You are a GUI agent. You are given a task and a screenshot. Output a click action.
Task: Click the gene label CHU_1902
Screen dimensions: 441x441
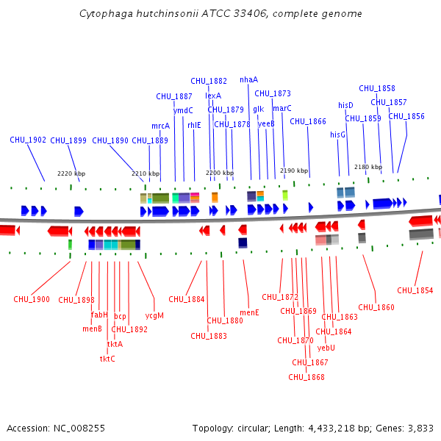click(x=28, y=140)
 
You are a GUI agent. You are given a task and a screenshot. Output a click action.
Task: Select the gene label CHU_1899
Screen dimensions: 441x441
click(x=68, y=140)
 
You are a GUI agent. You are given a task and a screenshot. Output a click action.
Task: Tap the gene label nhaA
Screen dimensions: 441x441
click(x=249, y=79)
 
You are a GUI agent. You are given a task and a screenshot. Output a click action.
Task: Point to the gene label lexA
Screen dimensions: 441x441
click(x=213, y=96)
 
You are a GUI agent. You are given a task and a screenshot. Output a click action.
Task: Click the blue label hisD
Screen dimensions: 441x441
click(x=345, y=105)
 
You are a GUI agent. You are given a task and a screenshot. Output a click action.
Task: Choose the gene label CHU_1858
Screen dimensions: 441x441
click(x=377, y=88)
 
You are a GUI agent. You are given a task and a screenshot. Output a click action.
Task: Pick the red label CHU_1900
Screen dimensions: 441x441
click(x=32, y=299)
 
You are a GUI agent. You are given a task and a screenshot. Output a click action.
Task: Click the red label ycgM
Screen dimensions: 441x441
click(x=154, y=315)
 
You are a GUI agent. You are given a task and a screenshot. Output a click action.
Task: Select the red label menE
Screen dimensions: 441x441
click(x=249, y=312)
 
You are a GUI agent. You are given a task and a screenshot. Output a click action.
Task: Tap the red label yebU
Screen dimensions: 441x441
click(x=326, y=348)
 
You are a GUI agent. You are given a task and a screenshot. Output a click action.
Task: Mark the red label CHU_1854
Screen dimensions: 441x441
click(x=415, y=290)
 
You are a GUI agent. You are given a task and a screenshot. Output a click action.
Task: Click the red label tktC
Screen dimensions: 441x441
click(x=107, y=359)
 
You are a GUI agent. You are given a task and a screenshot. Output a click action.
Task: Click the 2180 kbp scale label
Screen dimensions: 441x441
click(x=368, y=167)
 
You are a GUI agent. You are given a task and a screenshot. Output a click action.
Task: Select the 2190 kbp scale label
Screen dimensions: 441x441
click(x=294, y=171)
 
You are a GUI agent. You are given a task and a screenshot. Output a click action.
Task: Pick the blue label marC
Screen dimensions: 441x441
click(x=282, y=108)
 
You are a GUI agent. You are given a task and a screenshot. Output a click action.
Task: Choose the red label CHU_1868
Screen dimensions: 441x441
click(x=306, y=377)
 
